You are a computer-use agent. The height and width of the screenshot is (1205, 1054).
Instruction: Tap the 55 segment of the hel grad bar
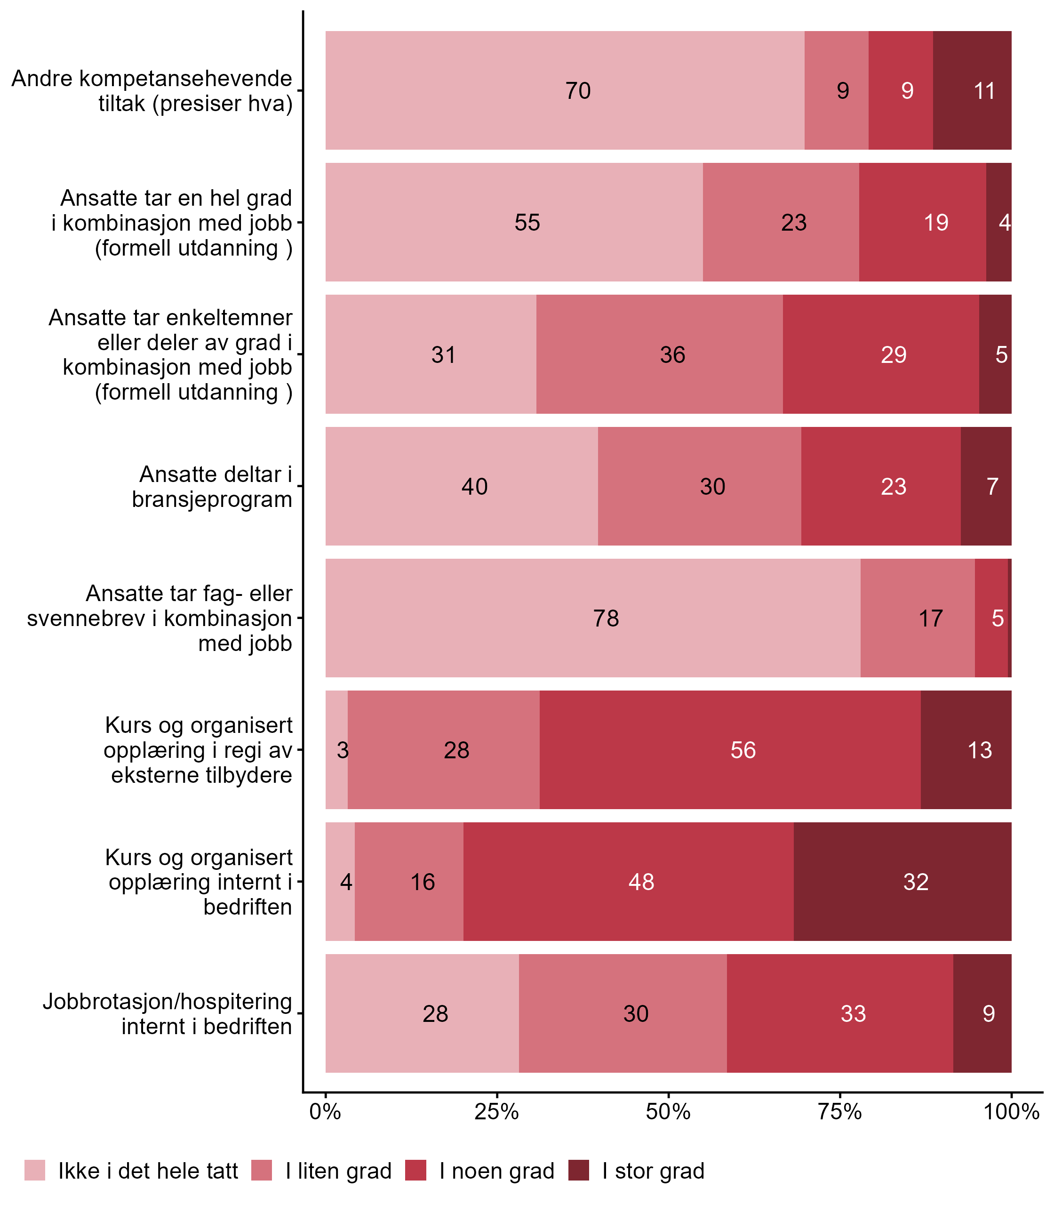pyautogui.click(x=514, y=222)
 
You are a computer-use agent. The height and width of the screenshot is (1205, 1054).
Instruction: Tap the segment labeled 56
pyautogui.click(x=730, y=750)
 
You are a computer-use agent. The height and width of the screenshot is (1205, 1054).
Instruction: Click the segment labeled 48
pyautogui.click(x=628, y=882)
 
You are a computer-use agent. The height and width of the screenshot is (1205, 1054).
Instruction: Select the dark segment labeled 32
pyautogui.click(x=902, y=882)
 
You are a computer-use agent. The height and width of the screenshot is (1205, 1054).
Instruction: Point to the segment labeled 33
pyautogui.click(x=840, y=1014)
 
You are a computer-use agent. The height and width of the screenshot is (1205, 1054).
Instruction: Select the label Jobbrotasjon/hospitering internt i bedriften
pyautogui.click(x=167, y=1014)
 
